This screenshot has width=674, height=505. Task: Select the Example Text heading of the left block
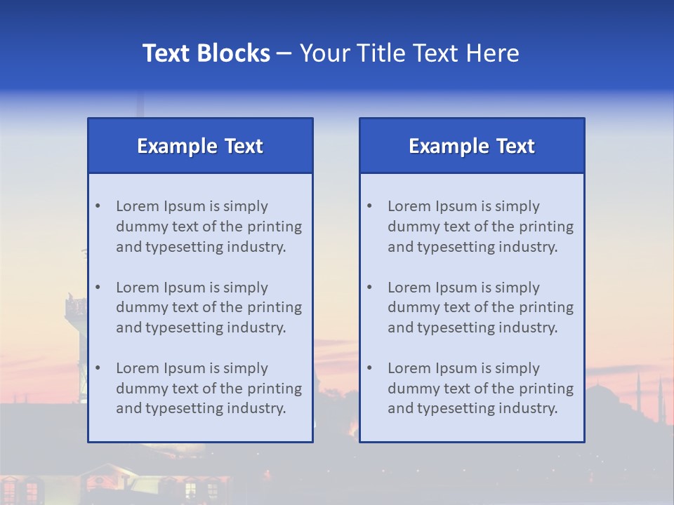(x=200, y=146)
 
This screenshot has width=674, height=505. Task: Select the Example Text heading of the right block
(x=472, y=146)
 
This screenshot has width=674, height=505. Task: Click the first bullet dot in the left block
(x=98, y=206)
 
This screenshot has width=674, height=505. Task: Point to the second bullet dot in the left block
(x=98, y=288)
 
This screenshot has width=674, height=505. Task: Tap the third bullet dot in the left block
(x=98, y=368)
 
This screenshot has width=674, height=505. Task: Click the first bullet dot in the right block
(x=369, y=206)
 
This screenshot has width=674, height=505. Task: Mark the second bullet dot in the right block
(x=369, y=288)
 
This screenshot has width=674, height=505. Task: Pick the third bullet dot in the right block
(x=369, y=368)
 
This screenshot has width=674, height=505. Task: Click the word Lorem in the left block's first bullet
(x=138, y=206)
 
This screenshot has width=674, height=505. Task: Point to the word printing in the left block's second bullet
(x=275, y=307)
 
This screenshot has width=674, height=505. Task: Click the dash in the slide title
(x=284, y=53)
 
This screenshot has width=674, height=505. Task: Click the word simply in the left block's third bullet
(x=246, y=368)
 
